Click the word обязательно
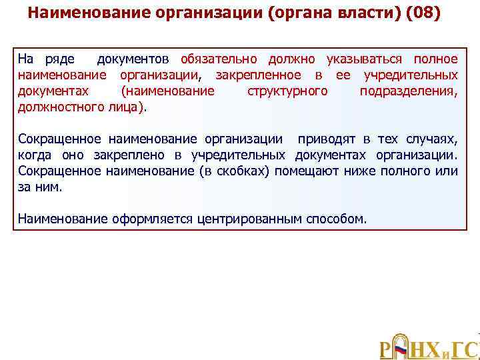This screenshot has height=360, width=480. pos(220,59)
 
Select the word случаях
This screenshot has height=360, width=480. pos(431,139)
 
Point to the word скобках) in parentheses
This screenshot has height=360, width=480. pos(250,171)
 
